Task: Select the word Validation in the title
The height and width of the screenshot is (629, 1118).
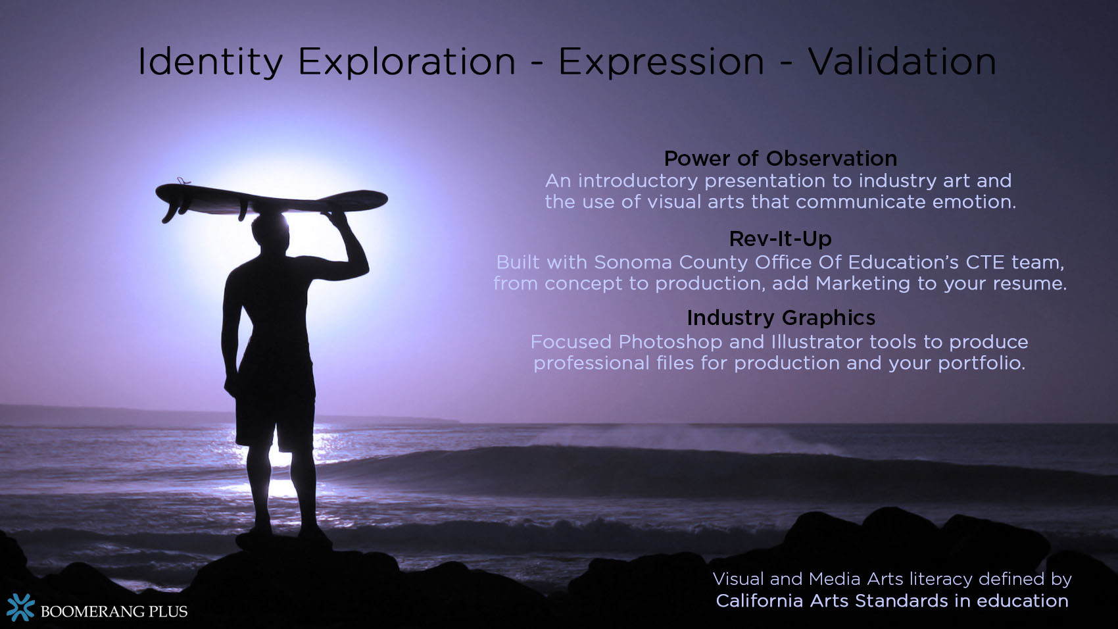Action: click(902, 62)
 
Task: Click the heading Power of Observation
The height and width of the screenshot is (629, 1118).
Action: click(780, 159)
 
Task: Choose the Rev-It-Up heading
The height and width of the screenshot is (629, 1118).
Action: click(780, 239)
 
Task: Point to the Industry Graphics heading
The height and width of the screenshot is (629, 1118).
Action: click(781, 318)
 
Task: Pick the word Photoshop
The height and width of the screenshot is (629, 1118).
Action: click(669, 342)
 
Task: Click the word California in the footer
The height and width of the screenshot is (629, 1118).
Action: click(759, 601)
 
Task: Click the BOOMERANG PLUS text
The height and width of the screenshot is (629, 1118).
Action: click(114, 611)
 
